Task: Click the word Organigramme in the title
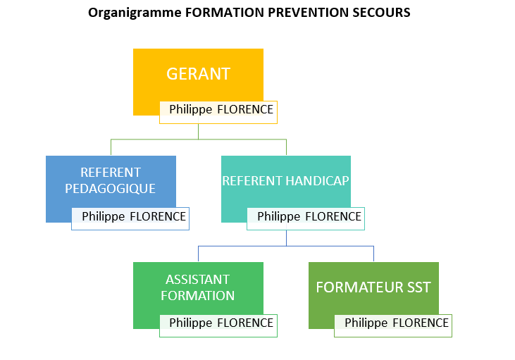(135, 13)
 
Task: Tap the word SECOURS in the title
(381, 13)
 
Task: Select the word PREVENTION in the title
(308, 13)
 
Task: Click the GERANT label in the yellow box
(198, 74)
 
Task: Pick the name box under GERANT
(218, 112)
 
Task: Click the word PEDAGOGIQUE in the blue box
(111, 189)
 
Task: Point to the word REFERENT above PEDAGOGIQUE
(111, 173)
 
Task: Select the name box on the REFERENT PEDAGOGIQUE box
(130, 219)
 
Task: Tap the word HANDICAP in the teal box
(317, 181)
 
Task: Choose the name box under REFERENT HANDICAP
(306, 219)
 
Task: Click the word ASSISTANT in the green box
(198, 280)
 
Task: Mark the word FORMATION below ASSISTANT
(198, 296)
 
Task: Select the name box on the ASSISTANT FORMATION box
(218, 325)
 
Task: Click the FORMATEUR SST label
(373, 287)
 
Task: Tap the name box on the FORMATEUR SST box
(393, 325)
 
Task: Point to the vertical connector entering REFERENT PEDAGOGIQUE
(111, 147)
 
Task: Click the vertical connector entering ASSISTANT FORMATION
(199, 254)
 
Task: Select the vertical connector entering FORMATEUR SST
(374, 254)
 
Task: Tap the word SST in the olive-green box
(419, 287)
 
